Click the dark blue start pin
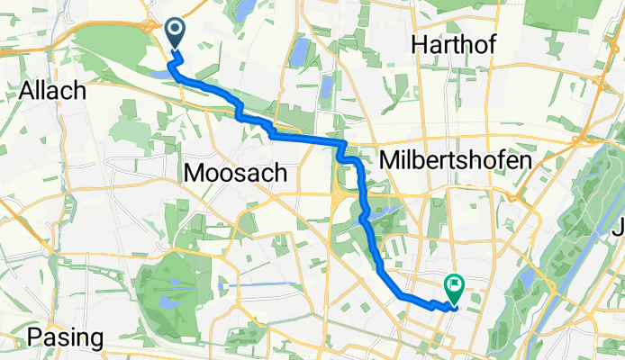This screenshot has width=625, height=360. [x=173, y=34]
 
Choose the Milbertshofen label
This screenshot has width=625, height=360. [x=455, y=158]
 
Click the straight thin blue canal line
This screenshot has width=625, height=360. [x=270, y=286]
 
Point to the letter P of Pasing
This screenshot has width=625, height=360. [x=34, y=337]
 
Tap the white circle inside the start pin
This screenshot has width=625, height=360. [x=173, y=31]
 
